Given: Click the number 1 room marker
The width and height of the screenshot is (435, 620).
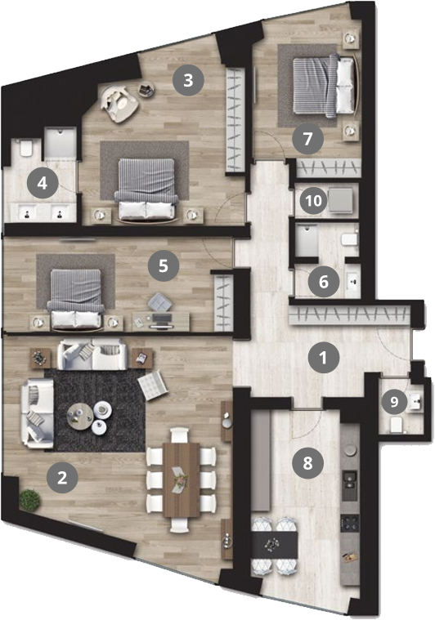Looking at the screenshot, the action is point(323,358).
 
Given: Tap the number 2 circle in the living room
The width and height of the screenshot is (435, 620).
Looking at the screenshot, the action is point(62,478).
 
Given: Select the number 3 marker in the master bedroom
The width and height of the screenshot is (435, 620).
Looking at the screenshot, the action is point(188,80).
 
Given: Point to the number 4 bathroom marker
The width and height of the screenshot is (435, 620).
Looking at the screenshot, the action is point(43,184).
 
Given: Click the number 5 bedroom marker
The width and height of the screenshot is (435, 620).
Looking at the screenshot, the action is point(164,265).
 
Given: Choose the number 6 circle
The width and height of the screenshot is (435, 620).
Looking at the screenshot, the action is point(324,282).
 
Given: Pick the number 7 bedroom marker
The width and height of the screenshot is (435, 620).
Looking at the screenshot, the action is point(308,139).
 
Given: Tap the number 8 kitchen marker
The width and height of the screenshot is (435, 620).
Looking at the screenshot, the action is point(308,462).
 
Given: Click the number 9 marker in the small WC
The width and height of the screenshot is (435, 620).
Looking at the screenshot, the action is point(394,402).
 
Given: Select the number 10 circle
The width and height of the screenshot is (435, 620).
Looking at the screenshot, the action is point(313,201).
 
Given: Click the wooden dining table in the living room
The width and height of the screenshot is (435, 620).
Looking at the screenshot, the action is point(182,479).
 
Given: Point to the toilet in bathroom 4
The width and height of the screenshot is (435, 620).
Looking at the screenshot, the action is point(26,147).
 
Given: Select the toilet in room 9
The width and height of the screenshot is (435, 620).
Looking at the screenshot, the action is point(397,425).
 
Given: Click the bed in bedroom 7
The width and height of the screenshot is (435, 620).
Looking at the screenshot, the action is point(324,87).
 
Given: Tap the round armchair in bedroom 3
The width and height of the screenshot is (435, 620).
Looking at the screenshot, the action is point(119,104).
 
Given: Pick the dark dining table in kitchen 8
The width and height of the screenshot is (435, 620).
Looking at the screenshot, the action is point(275,545).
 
